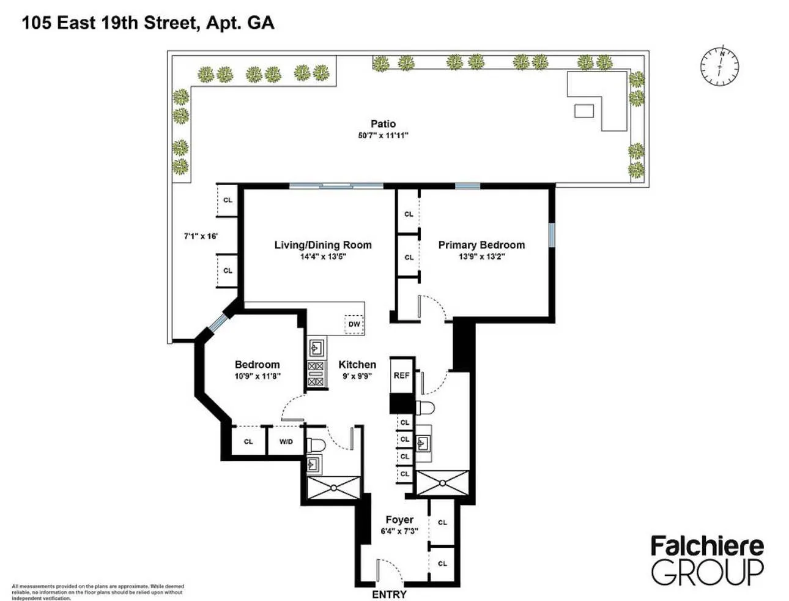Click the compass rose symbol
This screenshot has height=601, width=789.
[x=719, y=66]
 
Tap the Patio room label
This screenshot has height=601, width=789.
[x=383, y=124]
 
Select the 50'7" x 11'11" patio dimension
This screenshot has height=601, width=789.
[x=383, y=135]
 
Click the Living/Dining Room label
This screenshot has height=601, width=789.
[x=323, y=245]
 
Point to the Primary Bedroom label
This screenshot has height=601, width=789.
[x=481, y=245]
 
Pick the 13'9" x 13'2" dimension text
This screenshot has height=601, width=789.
[x=481, y=256]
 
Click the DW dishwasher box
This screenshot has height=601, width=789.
[x=354, y=324]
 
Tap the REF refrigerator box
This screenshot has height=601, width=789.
[x=401, y=376]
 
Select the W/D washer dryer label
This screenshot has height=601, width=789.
[x=286, y=441]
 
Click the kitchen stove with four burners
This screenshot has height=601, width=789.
[x=316, y=374]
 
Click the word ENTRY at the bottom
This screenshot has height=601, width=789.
[x=389, y=594]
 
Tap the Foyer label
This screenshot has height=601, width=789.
[x=399, y=520]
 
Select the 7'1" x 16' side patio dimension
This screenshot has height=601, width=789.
[x=201, y=236]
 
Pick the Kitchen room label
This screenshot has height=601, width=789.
[x=357, y=365]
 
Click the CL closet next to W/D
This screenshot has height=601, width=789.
[x=248, y=441]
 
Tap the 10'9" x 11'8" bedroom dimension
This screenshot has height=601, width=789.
[x=257, y=376]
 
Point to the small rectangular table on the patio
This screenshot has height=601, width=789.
[x=583, y=110]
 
